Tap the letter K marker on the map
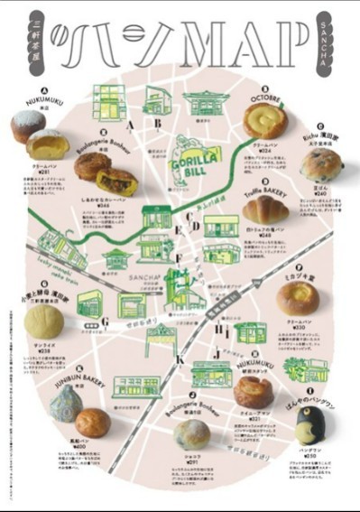point(180,361)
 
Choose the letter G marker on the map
point(105,321)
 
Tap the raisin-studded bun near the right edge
point(320,165)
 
